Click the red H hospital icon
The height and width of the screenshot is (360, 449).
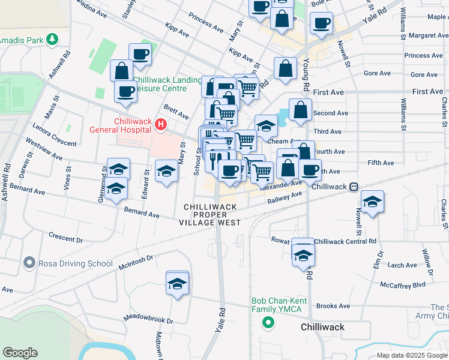point(160,125)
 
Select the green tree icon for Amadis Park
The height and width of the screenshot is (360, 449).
point(53,39)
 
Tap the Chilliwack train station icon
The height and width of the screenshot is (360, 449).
point(355,187)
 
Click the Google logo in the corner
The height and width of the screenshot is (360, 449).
point(20,353)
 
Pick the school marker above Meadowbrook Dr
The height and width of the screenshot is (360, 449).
point(177,284)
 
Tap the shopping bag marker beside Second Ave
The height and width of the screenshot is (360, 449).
point(300,111)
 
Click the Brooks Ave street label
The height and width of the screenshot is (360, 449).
point(333,306)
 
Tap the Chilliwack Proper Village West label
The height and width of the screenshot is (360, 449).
point(209,214)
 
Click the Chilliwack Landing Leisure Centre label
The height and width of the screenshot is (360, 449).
point(167,85)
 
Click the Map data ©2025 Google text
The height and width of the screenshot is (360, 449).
point(412,355)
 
